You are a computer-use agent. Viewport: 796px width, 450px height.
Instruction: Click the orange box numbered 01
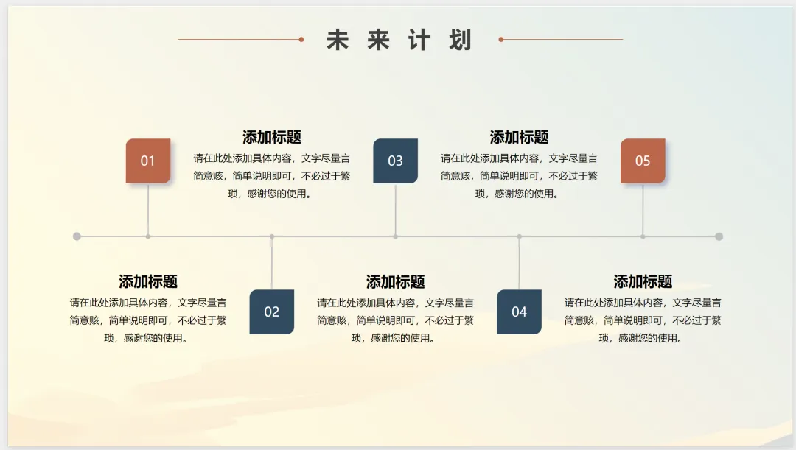148,161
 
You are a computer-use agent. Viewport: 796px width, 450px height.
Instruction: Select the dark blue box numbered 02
272,312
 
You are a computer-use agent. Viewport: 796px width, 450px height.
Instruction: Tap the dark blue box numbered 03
396,161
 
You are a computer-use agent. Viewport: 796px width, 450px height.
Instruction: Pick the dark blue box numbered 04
519,312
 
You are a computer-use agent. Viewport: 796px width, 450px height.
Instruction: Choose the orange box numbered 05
643,161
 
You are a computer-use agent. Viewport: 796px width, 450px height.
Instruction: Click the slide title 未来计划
399,40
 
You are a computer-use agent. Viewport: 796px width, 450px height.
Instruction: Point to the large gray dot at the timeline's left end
77,236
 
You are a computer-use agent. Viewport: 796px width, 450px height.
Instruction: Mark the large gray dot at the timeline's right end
719,236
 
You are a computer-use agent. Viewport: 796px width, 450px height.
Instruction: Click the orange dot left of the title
301,39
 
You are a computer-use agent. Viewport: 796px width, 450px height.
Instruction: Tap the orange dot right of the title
501,39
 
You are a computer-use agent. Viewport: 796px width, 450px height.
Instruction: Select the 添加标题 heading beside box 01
272,138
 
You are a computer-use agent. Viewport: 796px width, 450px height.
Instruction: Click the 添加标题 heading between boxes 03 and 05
519,138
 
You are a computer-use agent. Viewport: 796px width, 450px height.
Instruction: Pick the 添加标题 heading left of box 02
148,282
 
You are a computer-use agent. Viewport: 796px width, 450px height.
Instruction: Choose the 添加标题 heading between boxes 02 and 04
396,282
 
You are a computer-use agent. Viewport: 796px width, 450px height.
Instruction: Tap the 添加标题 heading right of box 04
643,282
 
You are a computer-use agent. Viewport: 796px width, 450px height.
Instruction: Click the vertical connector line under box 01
148,209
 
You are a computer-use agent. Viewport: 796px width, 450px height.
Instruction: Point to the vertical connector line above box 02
272,263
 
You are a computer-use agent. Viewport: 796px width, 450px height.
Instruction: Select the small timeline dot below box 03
396,236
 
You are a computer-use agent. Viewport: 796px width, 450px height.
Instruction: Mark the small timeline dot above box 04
519,236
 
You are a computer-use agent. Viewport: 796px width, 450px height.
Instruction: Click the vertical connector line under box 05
643,209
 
